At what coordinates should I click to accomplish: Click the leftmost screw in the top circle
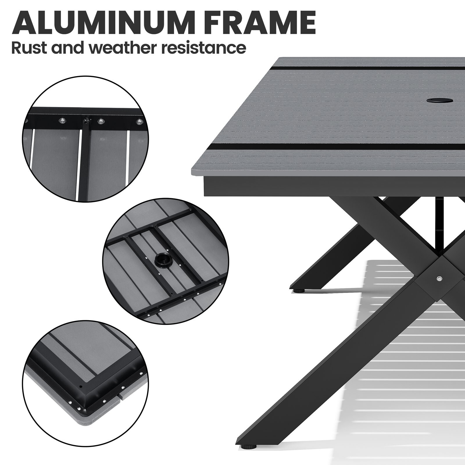pyautogui.click(x=62, y=120)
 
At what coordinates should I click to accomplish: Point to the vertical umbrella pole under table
pyautogui.click(x=439, y=221)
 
